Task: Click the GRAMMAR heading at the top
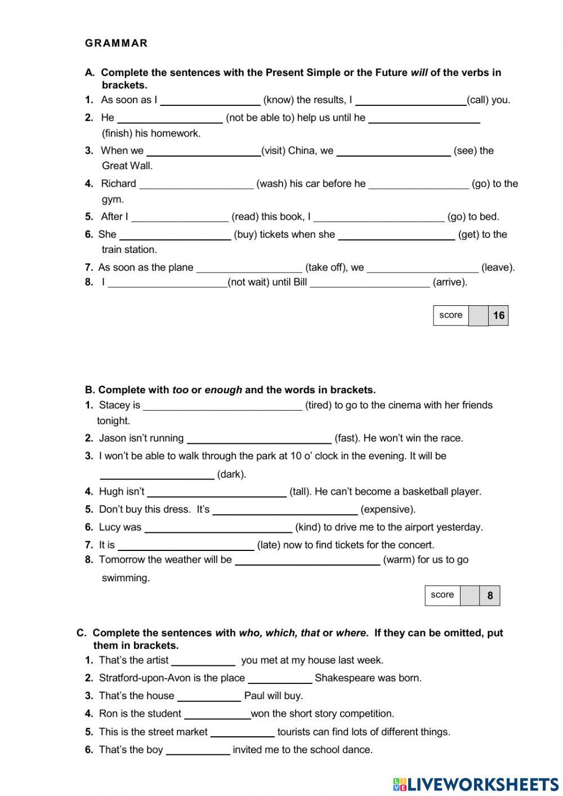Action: point(116,43)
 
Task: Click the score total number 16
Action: point(498,315)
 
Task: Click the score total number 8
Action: point(490,595)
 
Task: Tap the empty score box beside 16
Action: point(478,315)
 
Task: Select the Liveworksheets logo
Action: point(475,784)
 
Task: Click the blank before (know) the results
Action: point(210,100)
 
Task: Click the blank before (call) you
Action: point(410,100)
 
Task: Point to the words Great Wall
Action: point(127,166)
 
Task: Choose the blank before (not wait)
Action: point(167,282)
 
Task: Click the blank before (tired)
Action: point(222,406)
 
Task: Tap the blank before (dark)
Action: point(157,474)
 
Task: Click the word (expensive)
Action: point(388,509)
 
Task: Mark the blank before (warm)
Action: point(307,560)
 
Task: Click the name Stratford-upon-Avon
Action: point(144,678)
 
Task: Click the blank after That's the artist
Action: point(203,660)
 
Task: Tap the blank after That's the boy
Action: point(198,750)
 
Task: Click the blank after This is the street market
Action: point(242,732)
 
